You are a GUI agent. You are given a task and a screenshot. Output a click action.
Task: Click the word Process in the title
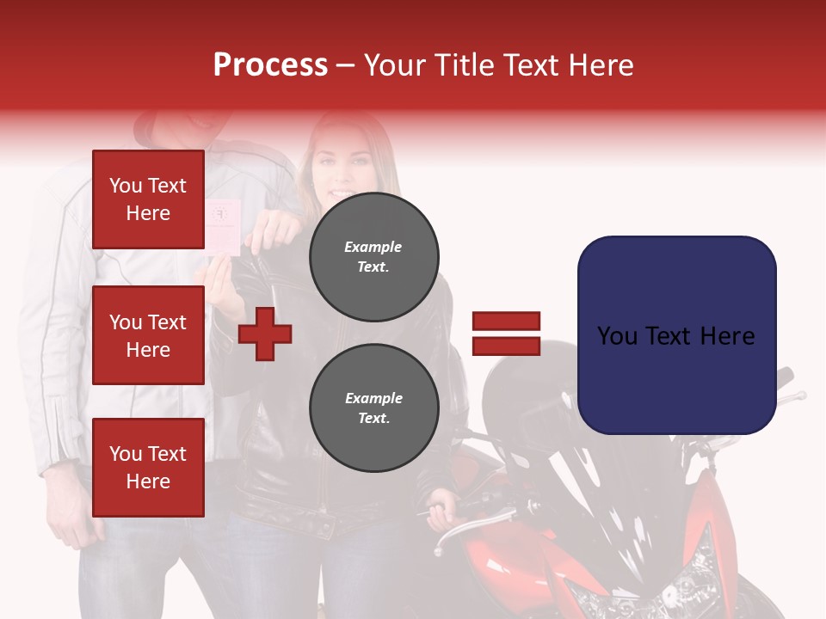[x=270, y=65]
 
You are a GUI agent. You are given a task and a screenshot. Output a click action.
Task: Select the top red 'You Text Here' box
[x=148, y=199]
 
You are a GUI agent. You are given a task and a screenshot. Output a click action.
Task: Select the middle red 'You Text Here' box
[x=148, y=335]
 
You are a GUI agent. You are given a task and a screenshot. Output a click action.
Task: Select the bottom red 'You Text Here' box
[x=148, y=467]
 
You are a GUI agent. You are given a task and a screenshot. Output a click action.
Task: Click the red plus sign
[x=265, y=334]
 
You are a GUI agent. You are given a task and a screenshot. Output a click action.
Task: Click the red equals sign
[x=507, y=334]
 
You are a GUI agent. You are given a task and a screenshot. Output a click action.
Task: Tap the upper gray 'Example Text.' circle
[x=373, y=256]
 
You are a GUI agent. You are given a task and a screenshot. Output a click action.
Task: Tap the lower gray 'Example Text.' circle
[x=373, y=408]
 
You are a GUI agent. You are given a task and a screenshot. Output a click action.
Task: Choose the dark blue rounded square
[x=676, y=334]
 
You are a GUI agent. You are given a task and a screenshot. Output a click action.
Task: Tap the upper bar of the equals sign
[x=507, y=322]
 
